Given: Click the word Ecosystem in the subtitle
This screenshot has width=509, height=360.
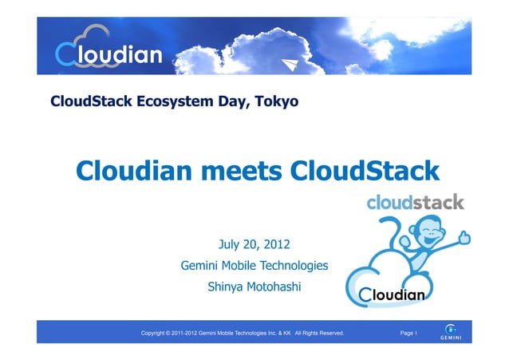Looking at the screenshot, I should coord(169,101).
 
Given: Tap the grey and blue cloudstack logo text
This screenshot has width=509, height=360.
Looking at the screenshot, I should coord(415,203).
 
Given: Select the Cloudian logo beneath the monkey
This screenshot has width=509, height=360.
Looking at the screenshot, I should coord(393,295).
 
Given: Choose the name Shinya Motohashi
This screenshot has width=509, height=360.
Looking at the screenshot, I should coord(254,287).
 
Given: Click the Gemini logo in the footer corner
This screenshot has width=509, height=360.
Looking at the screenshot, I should coord(451,331).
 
